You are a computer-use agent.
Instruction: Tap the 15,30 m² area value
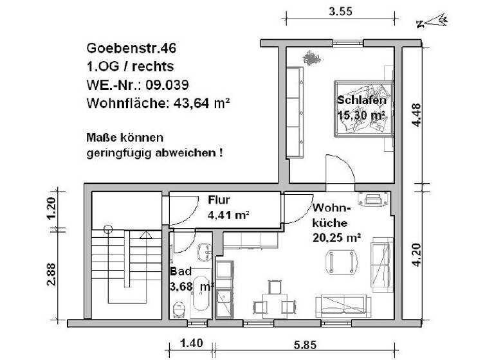(x=361, y=115)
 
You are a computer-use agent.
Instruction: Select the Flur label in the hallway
(x=219, y=199)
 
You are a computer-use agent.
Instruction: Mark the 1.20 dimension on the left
(x=53, y=208)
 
